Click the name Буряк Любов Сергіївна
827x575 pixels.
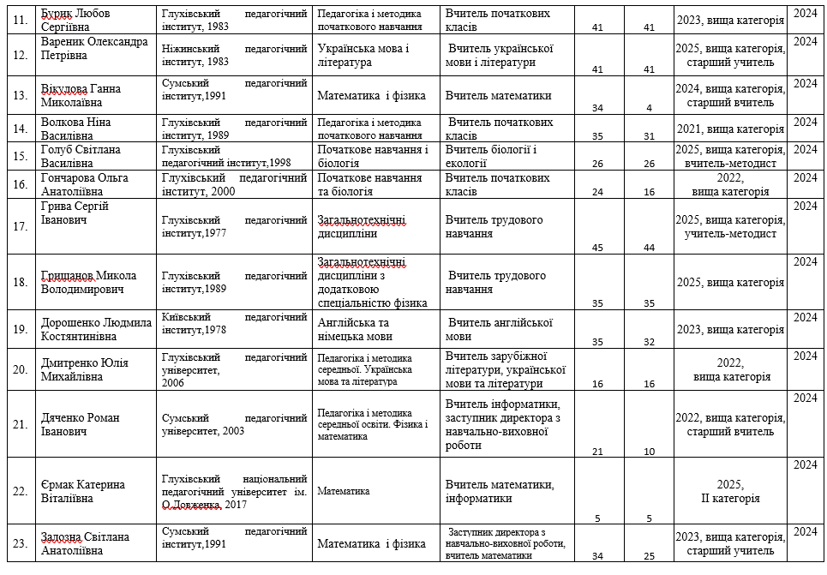tap(80, 21)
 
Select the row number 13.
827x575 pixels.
tap(17, 94)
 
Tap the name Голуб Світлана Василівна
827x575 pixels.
tap(80, 156)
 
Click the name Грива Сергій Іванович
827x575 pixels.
tap(75, 213)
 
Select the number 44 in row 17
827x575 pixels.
tap(649, 248)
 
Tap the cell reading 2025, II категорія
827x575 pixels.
tap(730, 491)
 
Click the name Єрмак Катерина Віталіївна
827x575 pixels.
tap(82, 491)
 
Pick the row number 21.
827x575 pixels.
tap(17, 424)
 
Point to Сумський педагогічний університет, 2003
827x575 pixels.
tap(234, 424)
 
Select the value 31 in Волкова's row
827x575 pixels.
tap(649, 136)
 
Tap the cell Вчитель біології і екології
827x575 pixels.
tap(491, 156)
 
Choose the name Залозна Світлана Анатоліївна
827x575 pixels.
tap(85, 543)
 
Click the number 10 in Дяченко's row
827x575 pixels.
tap(649, 452)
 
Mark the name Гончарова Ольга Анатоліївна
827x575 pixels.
tap(88, 184)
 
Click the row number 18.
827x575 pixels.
tap(17, 282)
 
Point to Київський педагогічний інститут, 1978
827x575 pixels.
tap(234, 323)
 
